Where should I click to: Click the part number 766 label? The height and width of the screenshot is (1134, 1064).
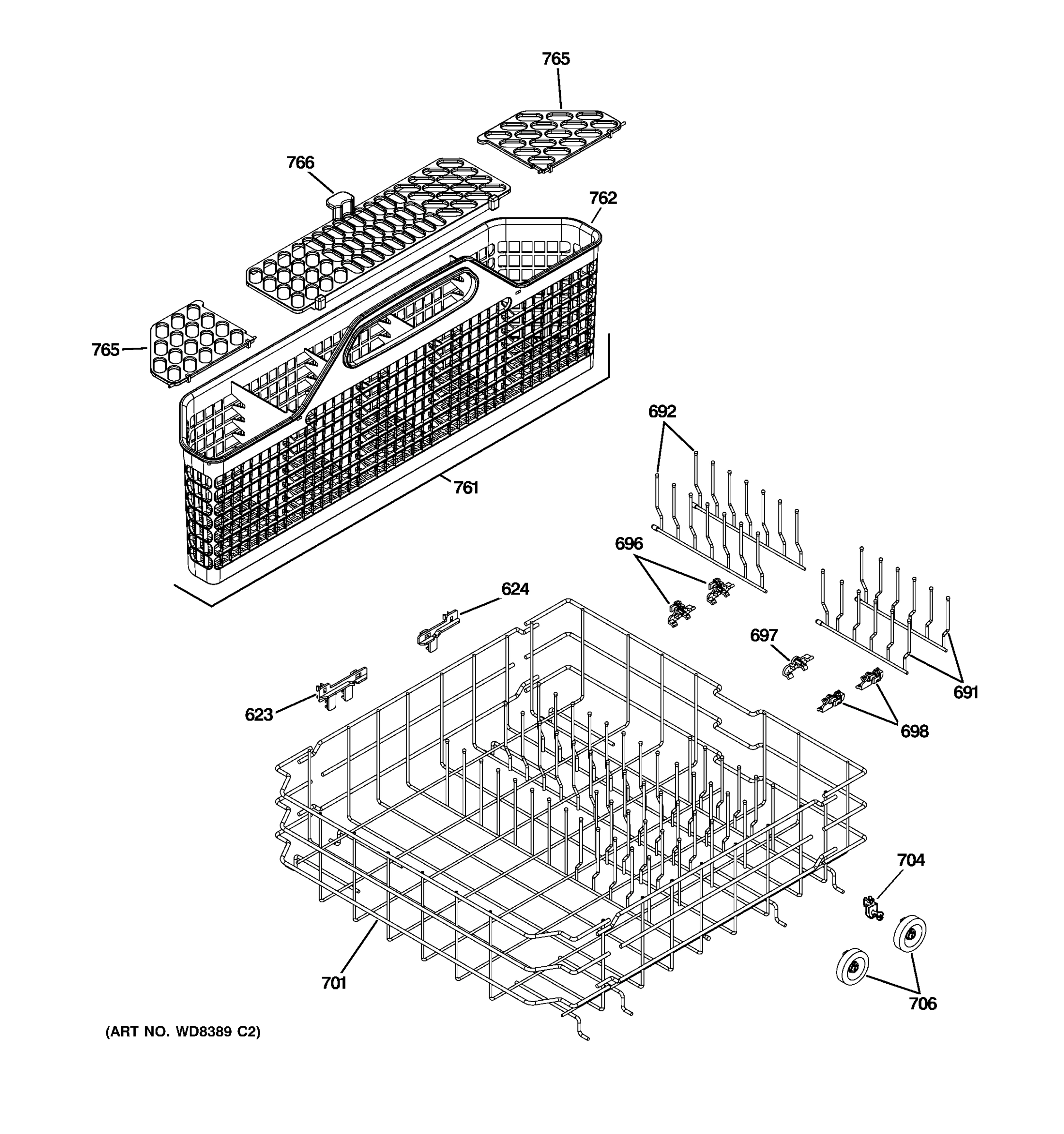click(x=300, y=163)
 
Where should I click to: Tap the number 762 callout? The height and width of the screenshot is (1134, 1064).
click(x=603, y=198)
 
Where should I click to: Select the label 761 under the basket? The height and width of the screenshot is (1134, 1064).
click(x=466, y=488)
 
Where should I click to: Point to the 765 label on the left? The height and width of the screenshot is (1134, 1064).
click(x=105, y=350)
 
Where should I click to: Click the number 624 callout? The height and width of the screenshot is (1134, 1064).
click(x=515, y=589)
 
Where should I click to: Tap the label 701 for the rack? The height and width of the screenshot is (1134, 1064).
click(x=334, y=983)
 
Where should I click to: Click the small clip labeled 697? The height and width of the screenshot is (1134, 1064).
click(x=797, y=666)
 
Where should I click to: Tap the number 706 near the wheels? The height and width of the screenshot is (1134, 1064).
click(x=923, y=1004)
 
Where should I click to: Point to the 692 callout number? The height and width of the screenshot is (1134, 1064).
click(x=662, y=411)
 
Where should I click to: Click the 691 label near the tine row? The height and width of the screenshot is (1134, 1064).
click(x=965, y=693)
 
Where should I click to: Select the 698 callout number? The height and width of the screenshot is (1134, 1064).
click(x=914, y=731)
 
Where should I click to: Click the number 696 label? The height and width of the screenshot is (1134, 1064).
click(x=628, y=544)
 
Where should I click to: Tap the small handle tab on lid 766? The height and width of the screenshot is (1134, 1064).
click(x=340, y=201)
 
